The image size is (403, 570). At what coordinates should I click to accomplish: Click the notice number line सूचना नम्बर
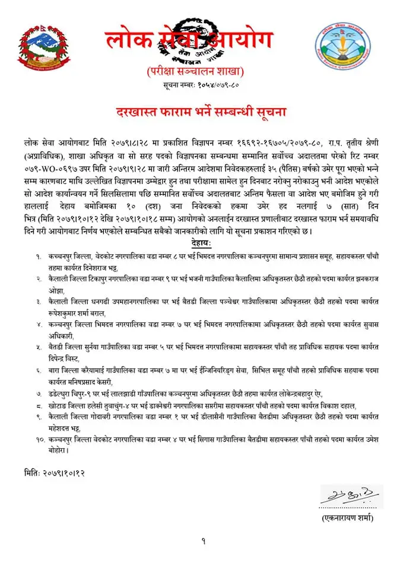196,86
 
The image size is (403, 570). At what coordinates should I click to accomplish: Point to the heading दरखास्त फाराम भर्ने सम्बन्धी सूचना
201,111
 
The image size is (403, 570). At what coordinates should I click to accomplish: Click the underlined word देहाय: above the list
201,243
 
